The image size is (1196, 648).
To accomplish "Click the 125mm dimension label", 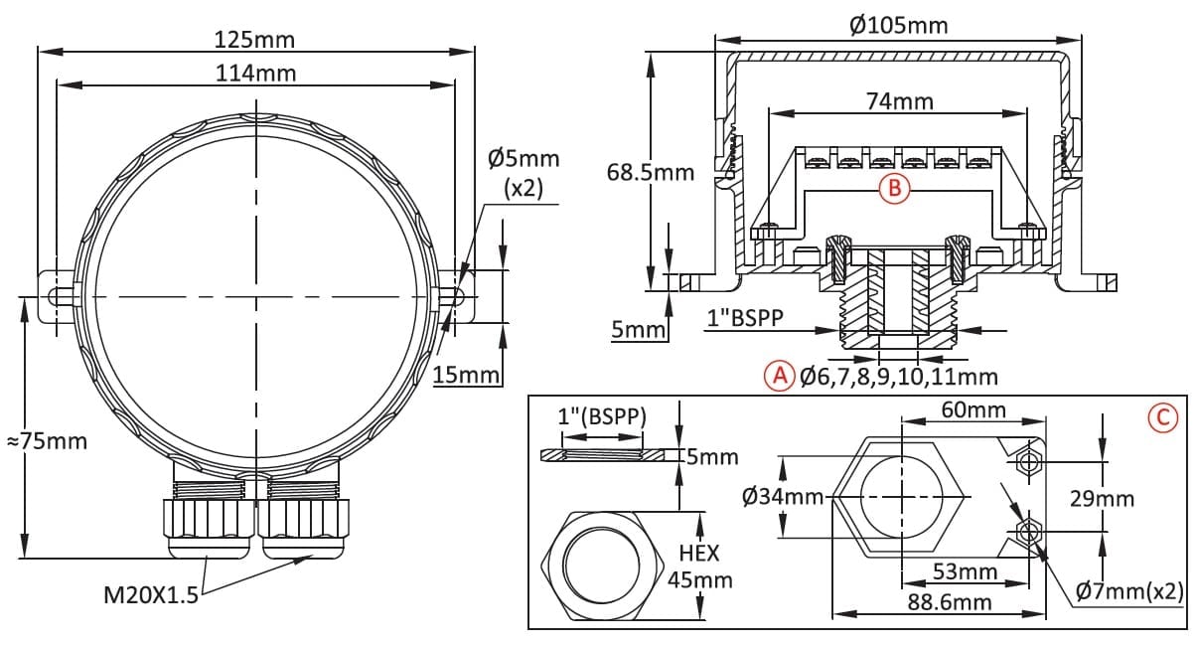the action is pos(254,40).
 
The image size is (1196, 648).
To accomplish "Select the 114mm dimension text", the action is pos(255,74).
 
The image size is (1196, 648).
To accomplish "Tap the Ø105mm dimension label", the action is pos(899,25).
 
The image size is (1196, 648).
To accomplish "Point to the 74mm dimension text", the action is pos(900,101).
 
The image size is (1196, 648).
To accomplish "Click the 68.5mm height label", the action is pos(651,173).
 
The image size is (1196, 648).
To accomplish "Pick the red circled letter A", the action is pos(780,376).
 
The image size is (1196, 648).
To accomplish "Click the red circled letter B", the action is pos(894,188).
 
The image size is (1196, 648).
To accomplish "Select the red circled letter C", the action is pos(1162,417).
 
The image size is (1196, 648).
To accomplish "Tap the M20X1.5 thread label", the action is pos(151,594).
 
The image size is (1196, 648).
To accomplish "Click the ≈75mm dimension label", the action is pos(47,442).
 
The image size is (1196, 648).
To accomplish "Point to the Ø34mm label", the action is pos(783,497).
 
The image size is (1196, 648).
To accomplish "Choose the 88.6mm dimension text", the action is pos(950,602).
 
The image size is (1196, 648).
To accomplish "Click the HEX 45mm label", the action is pos(699,567).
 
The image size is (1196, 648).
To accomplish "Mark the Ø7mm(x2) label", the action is pos(1129,591).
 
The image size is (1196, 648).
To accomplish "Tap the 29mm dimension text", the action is pos(1102,499).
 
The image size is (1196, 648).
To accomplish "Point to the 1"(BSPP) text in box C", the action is pos(602,416).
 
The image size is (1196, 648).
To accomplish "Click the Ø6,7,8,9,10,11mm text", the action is pos(899,377).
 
